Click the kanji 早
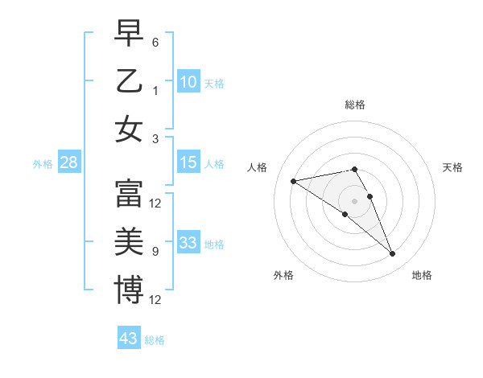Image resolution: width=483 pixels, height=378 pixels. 129,33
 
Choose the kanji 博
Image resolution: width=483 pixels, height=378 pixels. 129,290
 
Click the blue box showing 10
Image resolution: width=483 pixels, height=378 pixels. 188,81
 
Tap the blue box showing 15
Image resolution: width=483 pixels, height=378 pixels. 188,163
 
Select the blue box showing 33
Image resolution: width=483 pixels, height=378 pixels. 188,244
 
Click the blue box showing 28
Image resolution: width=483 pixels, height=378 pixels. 69,163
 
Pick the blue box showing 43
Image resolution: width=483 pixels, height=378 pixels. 129,339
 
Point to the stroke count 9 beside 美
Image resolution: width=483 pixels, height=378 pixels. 155,252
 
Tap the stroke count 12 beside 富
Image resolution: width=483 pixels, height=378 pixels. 155,203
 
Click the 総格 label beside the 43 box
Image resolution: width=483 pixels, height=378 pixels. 155,340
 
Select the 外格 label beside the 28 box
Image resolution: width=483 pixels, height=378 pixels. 43,164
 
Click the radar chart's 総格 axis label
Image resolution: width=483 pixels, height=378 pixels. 354,105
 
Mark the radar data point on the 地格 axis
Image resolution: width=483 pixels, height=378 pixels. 393,254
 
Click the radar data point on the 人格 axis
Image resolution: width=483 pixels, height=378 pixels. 293,180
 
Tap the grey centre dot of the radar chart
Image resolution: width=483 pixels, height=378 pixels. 354,200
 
